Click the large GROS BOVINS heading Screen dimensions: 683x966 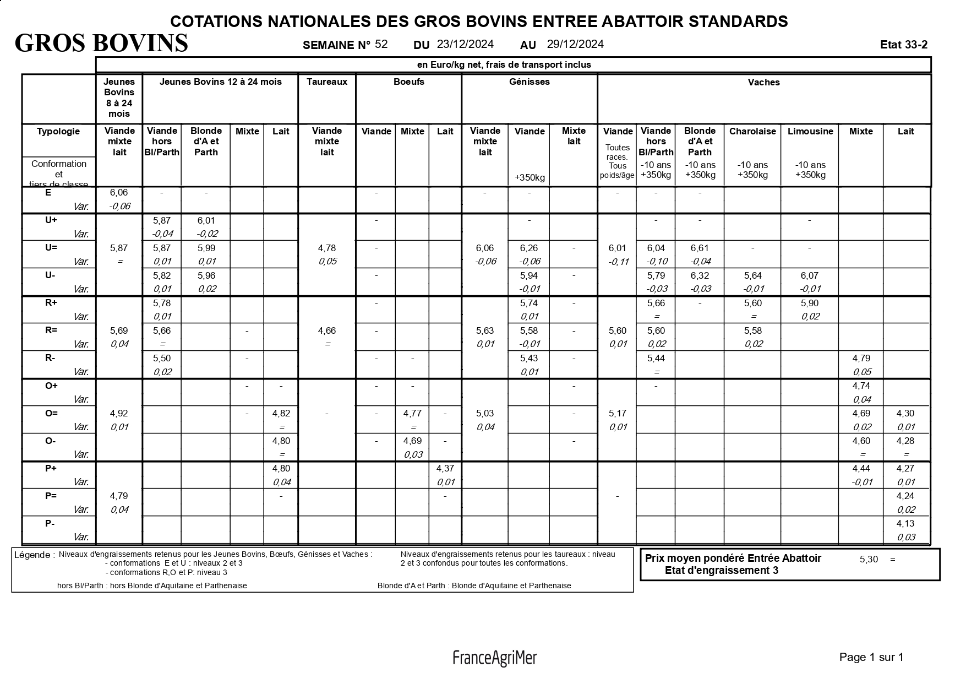(101, 43)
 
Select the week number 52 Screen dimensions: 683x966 (381, 44)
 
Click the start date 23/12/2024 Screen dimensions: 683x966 (465, 44)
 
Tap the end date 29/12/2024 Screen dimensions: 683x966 (575, 44)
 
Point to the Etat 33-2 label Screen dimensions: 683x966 (904, 45)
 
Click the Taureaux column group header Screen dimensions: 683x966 (327, 82)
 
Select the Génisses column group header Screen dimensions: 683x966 (529, 82)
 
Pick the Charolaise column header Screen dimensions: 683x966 (752, 131)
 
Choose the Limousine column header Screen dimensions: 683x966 (810, 131)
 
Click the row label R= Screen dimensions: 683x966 (51, 330)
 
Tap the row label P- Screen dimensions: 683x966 (50, 523)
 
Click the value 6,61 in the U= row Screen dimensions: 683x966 (700, 248)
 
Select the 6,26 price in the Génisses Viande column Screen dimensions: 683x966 (529, 248)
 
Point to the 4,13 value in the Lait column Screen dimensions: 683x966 (905, 523)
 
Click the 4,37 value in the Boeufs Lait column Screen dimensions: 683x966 (445, 468)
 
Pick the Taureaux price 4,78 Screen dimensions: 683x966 (327, 248)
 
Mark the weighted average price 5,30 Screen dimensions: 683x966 (869, 559)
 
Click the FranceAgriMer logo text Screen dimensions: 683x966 (494, 658)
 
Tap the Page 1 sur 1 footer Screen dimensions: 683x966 (871, 657)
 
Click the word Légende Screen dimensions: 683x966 (34, 555)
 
